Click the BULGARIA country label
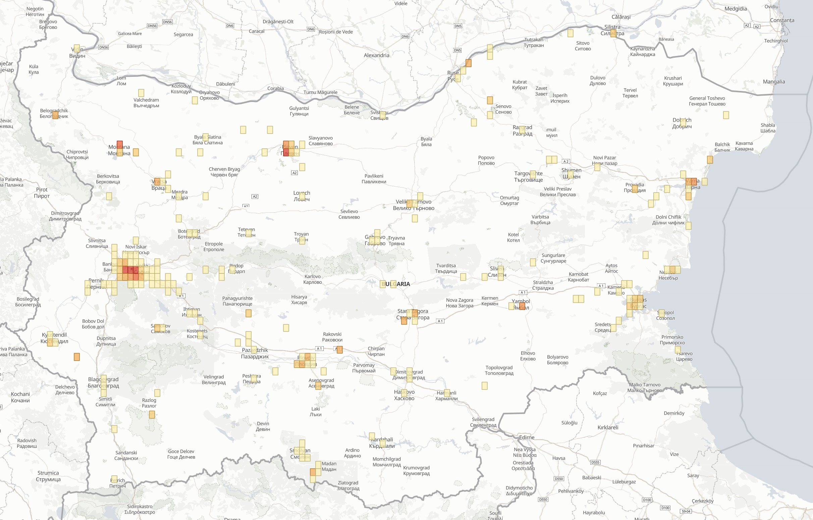pyautogui.click(x=395, y=284)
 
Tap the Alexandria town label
pyautogui.click(x=376, y=55)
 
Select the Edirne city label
pyautogui.click(x=527, y=437)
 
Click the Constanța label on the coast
pyautogui.click(x=782, y=20)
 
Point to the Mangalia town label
pyautogui.click(x=774, y=82)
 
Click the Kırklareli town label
pyautogui.click(x=608, y=427)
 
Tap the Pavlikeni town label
pyautogui.click(x=374, y=179)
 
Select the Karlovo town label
pyautogui.click(x=312, y=279)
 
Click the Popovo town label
pyautogui.click(x=486, y=160)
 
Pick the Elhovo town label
pyautogui.click(x=528, y=356)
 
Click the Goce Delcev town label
pyautogui.click(x=181, y=454)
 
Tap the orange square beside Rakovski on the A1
pyautogui.click(x=340, y=350)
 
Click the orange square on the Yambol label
pyautogui.click(x=522, y=306)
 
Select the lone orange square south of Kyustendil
pyautogui.click(x=77, y=357)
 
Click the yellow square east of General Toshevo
pyautogui.click(x=726, y=115)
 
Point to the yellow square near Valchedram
pyautogui.click(x=141, y=93)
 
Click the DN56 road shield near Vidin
pyautogui.click(x=104, y=47)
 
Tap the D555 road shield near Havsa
pyautogui.click(x=595, y=462)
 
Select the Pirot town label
pyautogui.click(x=42, y=193)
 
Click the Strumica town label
pyautogui.click(x=48, y=476)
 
